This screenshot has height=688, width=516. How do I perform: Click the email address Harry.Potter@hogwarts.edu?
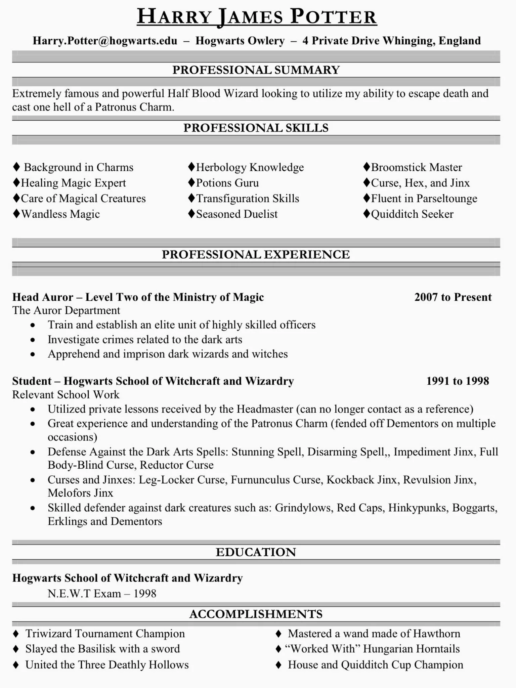click(105, 41)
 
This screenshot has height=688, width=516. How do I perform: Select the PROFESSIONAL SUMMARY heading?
click(256, 70)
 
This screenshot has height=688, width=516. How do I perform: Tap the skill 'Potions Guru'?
click(227, 183)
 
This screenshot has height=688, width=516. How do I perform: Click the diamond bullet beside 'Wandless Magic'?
click(16, 214)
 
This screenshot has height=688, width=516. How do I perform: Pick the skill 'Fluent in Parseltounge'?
click(424, 199)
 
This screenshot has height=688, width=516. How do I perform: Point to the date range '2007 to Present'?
click(453, 297)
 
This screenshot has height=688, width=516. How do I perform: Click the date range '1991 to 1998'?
click(458, 381)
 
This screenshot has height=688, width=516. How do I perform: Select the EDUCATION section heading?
click(256, 552)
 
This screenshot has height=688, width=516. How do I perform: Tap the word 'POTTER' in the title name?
click(333, 17)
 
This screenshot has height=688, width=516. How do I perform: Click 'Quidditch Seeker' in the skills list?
click(412, 214)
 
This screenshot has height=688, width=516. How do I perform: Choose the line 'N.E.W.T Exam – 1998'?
click(102, 593)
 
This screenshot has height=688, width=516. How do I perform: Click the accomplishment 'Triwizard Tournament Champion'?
click(105, 633)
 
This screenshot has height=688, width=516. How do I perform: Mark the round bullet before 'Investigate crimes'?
click(33, 340)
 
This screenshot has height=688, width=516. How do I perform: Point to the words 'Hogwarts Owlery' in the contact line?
click(240, 41)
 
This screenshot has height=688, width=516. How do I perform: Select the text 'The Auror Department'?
click(66, 310)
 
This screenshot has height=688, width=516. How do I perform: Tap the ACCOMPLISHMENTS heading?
click(256, 614)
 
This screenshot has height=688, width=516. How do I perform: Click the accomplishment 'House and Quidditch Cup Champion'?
click(375, 664)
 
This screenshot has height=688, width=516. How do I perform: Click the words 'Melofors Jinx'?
click(80, 493)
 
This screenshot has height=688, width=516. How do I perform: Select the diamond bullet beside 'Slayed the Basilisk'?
click(16, 649)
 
